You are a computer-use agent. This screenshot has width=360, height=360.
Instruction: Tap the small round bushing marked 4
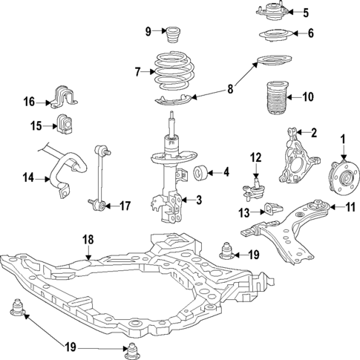pos(200,174)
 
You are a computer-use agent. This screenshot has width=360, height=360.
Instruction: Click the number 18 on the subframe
pos(88,240)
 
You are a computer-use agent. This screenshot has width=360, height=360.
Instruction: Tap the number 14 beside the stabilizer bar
pos(28,177)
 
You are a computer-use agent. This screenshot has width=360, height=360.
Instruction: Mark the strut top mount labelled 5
pos(271,12)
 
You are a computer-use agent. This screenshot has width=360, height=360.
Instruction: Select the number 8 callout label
pos(229,89)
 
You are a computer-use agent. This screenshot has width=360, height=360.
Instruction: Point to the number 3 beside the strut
pos(199,199)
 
